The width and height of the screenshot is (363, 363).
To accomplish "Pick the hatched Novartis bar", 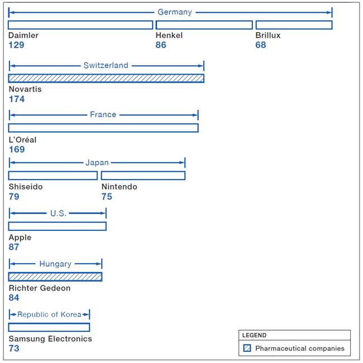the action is coord(106,78).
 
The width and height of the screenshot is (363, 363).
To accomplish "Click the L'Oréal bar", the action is coord(103,128).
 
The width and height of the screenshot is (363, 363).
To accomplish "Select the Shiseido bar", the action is coord(53,176).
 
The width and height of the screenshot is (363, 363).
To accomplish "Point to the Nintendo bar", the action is coord(144,176).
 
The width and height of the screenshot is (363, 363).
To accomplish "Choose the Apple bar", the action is coord(58,226).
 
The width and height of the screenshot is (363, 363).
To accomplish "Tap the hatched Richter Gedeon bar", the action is coord(55,277).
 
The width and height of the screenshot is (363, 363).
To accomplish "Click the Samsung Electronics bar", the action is coord(49,327).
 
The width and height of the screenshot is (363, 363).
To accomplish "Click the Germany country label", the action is coord(175,12).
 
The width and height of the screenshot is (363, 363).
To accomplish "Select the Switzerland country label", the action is coord(106,65).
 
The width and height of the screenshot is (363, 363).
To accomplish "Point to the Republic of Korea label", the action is coord(49,314).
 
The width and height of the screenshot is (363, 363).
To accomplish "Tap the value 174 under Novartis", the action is coord(17,99).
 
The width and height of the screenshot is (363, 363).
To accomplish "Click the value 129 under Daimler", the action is coord(16,45).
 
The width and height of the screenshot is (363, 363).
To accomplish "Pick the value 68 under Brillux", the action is coord(261,45).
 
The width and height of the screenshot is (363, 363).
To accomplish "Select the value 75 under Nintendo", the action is coord(107,196).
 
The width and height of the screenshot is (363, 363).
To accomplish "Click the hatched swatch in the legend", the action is coord(247,348).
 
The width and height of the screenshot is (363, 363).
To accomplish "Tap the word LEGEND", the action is coord(254,335).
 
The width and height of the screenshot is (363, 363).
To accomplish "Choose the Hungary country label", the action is coord(55,264).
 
